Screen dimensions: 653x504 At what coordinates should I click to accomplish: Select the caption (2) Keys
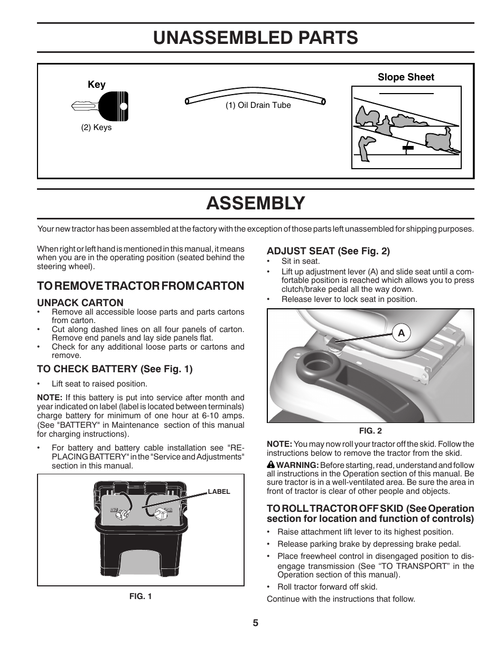click(96, 127)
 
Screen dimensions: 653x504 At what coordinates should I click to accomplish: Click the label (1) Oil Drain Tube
click(258, 105)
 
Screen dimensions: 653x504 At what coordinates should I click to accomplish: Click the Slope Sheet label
click(406, 77)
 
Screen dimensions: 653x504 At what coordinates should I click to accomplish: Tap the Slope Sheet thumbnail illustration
click(406, 128)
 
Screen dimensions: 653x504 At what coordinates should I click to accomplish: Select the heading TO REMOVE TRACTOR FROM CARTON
click(141, 286)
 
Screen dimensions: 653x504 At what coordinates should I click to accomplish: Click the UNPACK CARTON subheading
click(80, 302)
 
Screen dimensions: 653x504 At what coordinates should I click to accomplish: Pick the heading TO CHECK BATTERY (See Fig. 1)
click(115, 369)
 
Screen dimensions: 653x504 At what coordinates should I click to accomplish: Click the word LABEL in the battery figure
click(219, 491)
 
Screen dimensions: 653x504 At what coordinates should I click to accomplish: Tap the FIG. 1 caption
click(141, 596)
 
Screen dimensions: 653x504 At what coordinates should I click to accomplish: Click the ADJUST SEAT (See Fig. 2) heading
click(328, 251)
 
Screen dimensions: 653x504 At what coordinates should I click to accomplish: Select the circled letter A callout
click(401, 333)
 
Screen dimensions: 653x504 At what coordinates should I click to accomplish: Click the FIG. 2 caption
click(370, 431)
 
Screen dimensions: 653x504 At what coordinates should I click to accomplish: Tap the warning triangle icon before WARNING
click(270, 465)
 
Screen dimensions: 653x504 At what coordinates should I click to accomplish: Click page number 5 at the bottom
click(255, 623)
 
